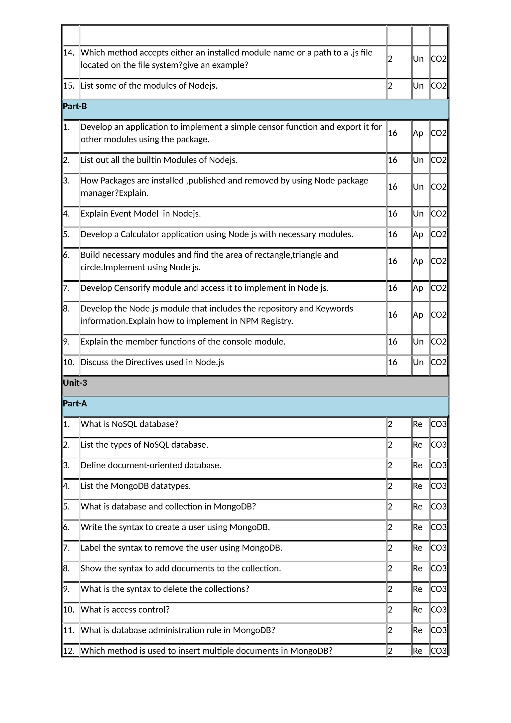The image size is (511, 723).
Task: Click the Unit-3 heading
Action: [x=75, y=383]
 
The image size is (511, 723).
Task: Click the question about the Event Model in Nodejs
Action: [x=141, y=214]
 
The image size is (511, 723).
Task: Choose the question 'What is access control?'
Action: [x=125, y=610]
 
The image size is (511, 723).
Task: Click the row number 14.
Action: [x=69, y=53]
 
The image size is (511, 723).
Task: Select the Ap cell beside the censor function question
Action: [x=418, y=133]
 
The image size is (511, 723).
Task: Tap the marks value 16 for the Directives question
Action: [x=392, y=362]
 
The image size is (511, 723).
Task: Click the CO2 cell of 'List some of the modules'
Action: [x=438, y=86]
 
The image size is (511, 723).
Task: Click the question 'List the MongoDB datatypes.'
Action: [x=136, y=486]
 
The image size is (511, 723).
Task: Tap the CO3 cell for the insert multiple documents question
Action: [x=438, y=651]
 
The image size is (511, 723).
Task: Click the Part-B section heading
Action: [x=75, y=106]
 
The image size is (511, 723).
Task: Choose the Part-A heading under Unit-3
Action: [x=75, y=404]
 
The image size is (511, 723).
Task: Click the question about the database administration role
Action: [x=178, y=630]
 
